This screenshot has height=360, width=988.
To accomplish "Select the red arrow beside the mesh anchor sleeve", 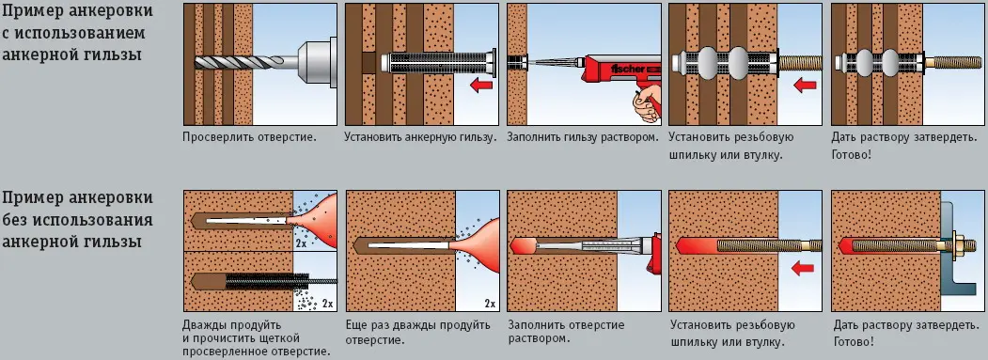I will coord(479,86).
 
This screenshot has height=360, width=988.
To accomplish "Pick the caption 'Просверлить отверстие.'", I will coord(249,136).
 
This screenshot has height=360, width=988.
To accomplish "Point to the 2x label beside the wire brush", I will coord(327,304).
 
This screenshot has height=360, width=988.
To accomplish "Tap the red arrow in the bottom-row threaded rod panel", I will coord(800,271).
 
